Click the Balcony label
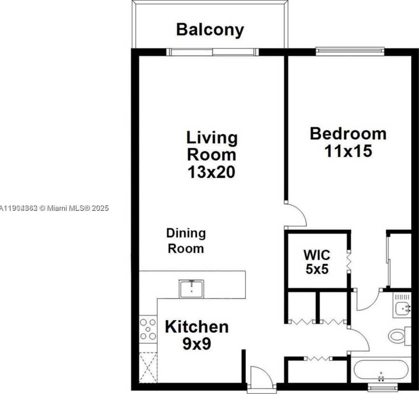[210, 30]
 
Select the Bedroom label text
[348, 133]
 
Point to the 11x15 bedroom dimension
[348, 151]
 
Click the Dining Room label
[186, 241]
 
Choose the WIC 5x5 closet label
[317, 262]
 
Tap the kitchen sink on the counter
[191, 289]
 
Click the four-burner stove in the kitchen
[148, 329]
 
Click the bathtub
[380, 371]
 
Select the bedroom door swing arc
[296, 215]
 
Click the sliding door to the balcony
[212, 52]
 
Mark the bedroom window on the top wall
[350, 51]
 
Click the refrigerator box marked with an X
[148, 367]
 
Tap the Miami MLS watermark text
[54, 208]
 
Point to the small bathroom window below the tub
[383, 387]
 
